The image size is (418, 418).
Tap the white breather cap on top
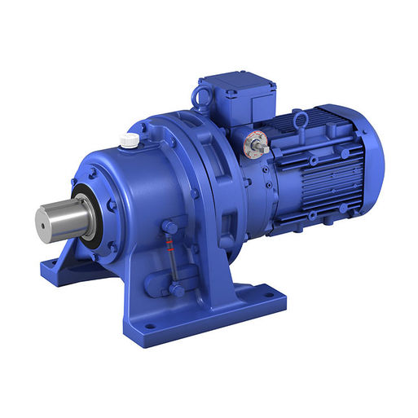pyautogui.click(x=129, y=141)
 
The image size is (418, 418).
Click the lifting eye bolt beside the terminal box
pyautogui.click(x=200, y=97)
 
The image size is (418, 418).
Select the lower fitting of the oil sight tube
pyautogui.click(x=175, y=288)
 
